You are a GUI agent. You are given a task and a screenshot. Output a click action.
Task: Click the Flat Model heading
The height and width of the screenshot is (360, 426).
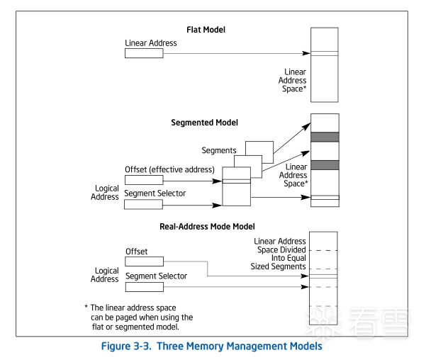206,30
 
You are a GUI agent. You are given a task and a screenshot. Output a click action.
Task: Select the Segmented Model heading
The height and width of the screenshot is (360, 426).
205,123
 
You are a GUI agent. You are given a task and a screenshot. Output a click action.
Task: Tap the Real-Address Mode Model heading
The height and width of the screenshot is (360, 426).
207,227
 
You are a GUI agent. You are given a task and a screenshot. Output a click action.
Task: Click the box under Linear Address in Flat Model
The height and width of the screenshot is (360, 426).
144,53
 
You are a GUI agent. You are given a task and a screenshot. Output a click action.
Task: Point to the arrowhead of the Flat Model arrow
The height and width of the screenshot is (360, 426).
306,53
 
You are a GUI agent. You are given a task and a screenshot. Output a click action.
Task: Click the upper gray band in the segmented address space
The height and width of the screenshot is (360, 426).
325,137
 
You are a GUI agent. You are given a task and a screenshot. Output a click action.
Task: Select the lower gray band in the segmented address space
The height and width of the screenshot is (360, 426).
325,165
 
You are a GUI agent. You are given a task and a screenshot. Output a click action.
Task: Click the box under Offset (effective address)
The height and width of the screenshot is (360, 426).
144,180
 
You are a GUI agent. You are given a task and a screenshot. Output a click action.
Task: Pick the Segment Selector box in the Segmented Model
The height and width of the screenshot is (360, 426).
143,205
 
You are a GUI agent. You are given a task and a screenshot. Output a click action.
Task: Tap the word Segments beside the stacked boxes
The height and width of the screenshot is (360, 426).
219,150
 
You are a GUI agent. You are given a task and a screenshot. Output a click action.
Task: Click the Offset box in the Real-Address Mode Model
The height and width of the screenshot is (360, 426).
145,261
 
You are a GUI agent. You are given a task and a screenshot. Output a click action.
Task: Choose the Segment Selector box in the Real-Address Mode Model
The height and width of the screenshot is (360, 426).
145,287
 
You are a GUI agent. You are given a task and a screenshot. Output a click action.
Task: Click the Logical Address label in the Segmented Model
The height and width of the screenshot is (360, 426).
105,193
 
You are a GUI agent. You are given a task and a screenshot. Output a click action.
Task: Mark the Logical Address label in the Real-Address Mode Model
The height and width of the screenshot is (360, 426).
105,275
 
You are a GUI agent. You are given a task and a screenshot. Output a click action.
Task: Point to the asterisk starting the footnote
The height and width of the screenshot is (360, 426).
86,307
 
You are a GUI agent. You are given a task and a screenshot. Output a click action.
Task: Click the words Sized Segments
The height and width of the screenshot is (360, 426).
278,266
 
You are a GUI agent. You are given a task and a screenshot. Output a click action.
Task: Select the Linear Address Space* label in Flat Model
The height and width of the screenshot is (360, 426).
293,80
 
